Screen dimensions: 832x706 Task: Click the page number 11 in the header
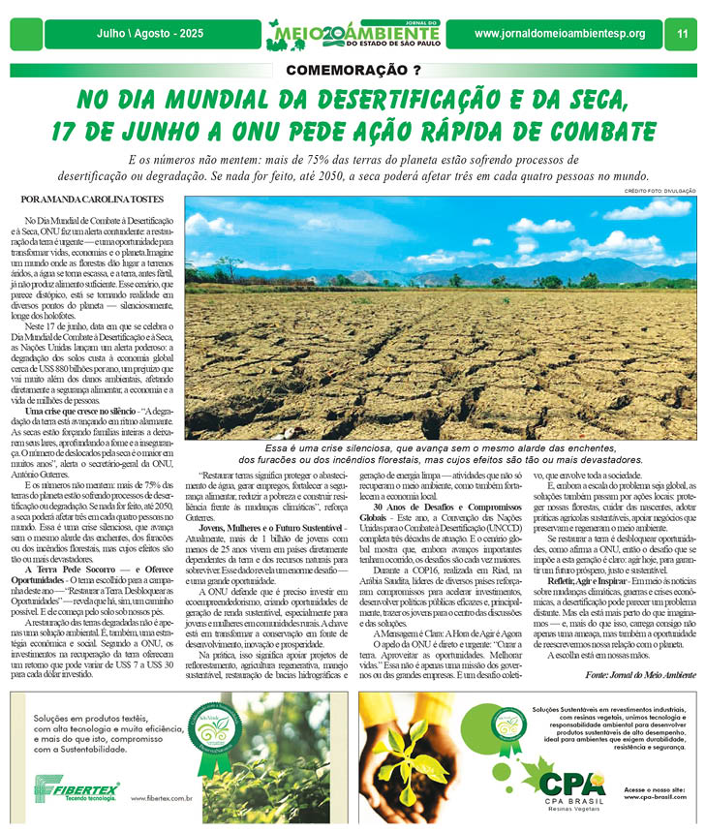[x=682, y=34]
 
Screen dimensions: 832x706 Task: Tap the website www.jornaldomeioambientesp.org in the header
[x=560, y=34]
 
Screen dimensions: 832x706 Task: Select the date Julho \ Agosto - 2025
[x=143, y=34]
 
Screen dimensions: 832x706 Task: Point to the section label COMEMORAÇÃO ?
[x=353, y=70]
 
